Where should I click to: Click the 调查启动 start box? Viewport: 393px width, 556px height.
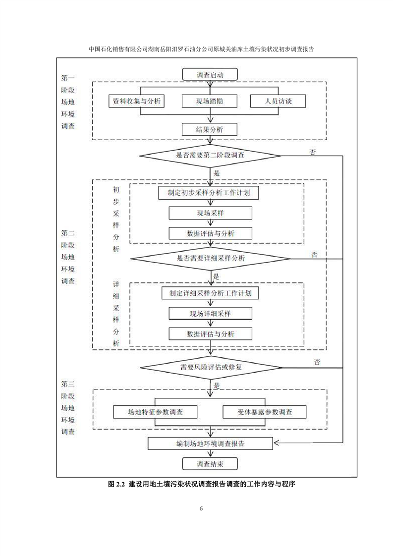(210, 75)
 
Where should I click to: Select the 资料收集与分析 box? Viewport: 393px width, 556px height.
(136, 101)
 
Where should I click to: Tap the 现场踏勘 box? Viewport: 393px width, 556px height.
(210, 101)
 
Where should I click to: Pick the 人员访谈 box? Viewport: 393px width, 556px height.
(277, 101)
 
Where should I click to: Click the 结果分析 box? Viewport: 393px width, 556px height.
(210, 129)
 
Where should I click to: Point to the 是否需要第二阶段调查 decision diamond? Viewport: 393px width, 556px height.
(210, 155)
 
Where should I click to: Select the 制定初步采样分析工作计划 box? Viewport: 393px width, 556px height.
(210, 192)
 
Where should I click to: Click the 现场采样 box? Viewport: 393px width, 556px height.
(210, 213)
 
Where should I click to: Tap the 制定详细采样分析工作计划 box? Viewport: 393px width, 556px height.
(210, 293)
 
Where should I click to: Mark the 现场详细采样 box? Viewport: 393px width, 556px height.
(210, 314)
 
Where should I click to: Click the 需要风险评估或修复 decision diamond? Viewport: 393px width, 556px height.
(211, 368)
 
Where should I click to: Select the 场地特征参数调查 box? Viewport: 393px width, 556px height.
(156, 412)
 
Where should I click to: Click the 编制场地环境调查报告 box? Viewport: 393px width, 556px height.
(210, 443)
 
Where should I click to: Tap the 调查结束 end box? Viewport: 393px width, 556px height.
(210, 464)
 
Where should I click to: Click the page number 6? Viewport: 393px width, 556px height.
(201, 508)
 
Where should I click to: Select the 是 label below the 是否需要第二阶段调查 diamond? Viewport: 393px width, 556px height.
(217, 173)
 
